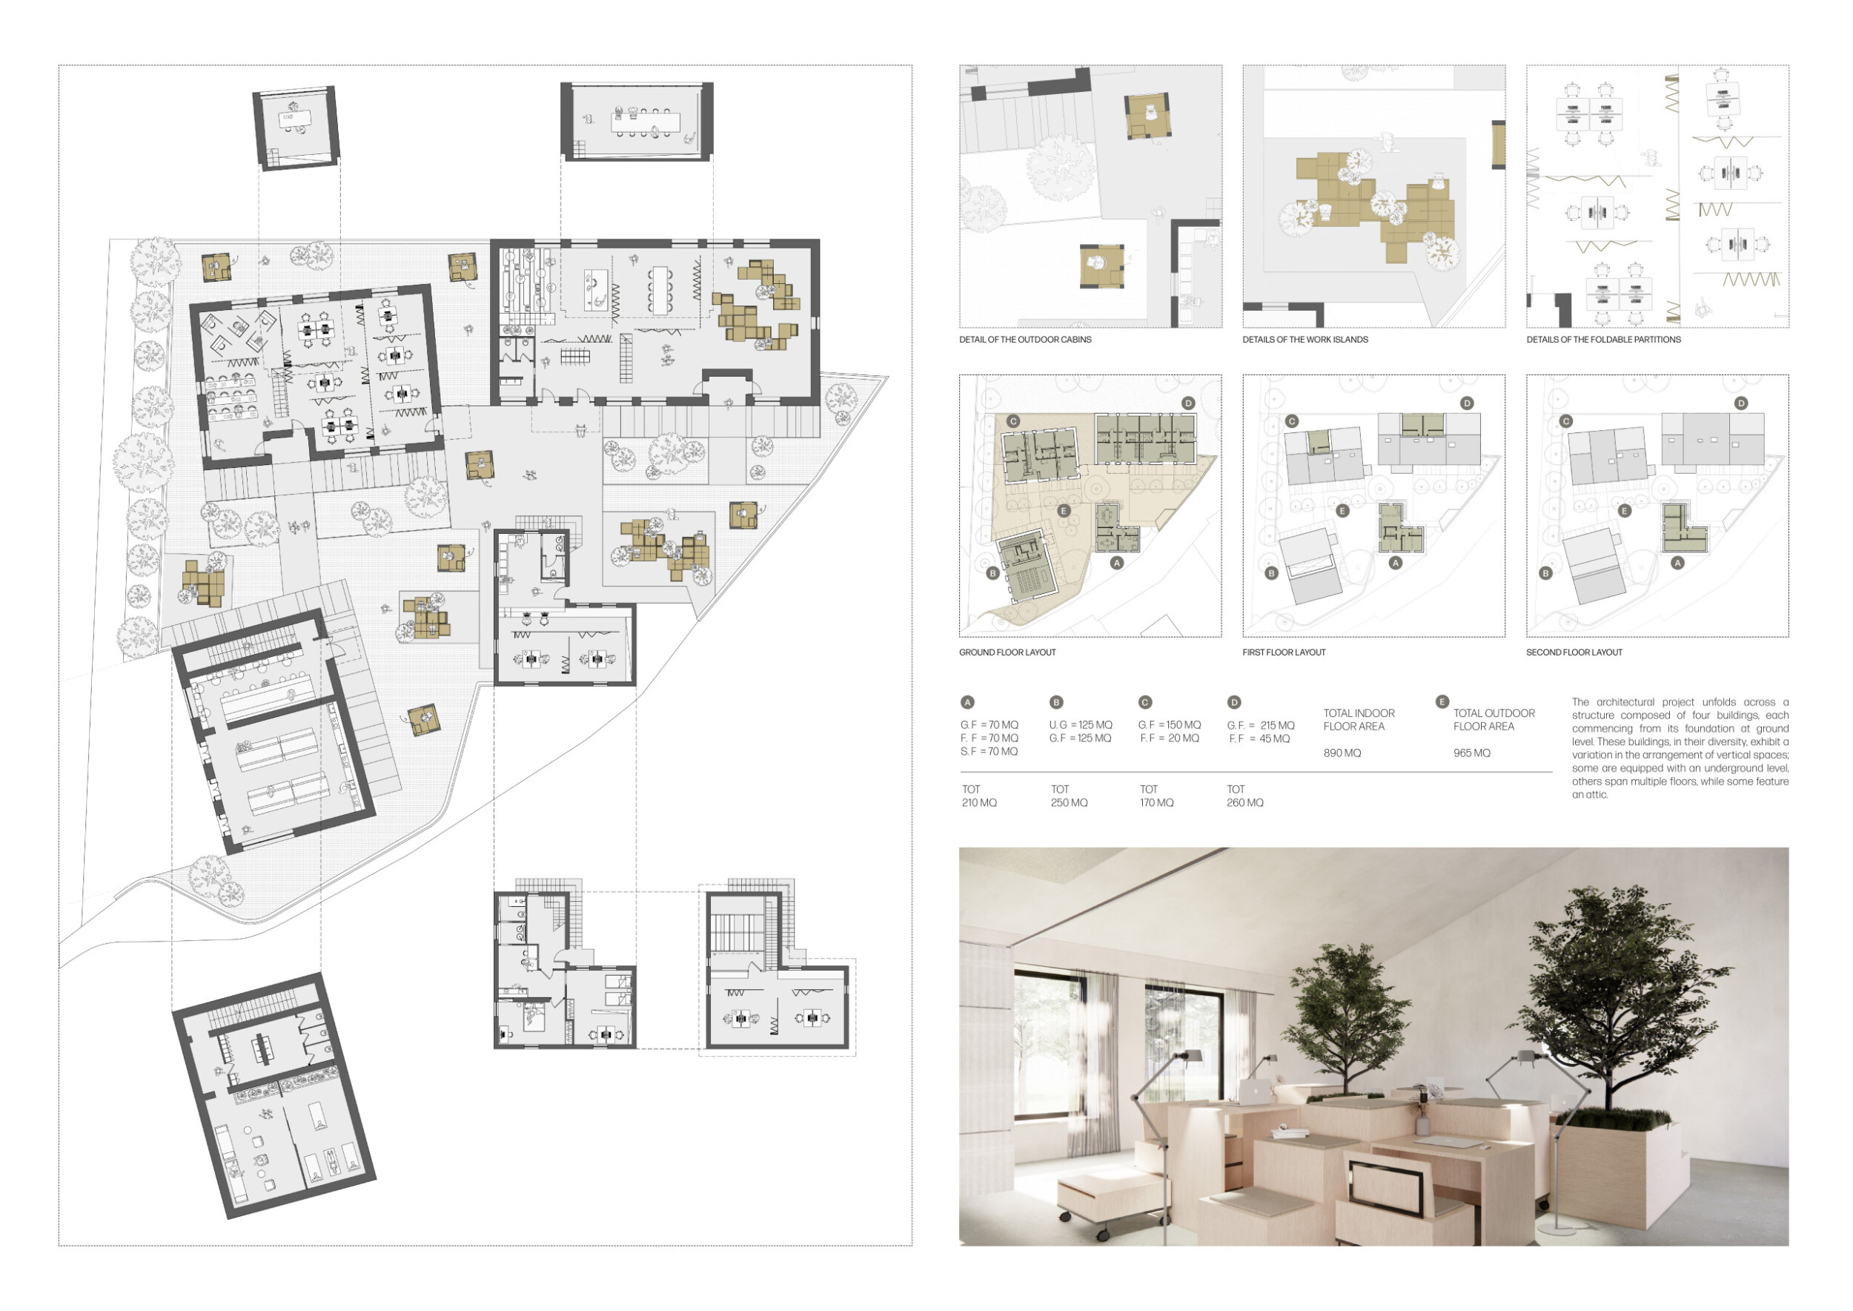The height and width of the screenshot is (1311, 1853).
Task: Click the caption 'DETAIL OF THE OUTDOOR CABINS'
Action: [1025, 340]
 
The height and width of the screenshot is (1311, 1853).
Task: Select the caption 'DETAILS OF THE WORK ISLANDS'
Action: [1305, 340]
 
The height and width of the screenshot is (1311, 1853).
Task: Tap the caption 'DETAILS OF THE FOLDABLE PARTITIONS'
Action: [1604, 340]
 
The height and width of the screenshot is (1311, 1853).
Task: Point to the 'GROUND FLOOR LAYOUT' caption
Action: [1007, 653]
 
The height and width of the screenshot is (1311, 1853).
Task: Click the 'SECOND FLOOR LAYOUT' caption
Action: [1574, 653]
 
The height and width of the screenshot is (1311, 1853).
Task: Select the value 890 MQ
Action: [1342, 753]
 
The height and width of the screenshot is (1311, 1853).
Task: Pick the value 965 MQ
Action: [1472, 753]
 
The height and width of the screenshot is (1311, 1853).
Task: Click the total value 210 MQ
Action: [979, 803]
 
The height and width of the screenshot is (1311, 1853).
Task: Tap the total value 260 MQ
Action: [1245, 803]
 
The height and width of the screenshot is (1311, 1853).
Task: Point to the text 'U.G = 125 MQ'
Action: [1081, 726]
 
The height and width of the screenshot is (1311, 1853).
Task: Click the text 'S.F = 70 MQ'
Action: [990, 752]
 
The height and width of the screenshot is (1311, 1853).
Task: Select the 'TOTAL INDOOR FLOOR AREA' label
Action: [1359, 720]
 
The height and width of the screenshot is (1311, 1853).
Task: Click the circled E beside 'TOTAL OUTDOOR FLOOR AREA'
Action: [1442, 701]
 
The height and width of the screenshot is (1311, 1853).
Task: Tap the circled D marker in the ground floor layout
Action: [1188, 403]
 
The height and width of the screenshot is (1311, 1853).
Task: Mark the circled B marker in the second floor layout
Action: [1545, 573]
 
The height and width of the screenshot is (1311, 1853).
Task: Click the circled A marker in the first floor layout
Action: [1396, 563]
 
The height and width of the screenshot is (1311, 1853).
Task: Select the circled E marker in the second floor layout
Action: [1625, 511]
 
